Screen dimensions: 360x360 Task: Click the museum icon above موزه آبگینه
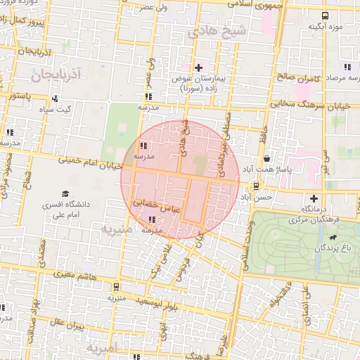[x=325, y=15]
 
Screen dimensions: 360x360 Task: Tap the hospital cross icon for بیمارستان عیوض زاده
[x=199, y=67]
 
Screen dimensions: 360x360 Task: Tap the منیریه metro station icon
[x=115, y=287]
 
